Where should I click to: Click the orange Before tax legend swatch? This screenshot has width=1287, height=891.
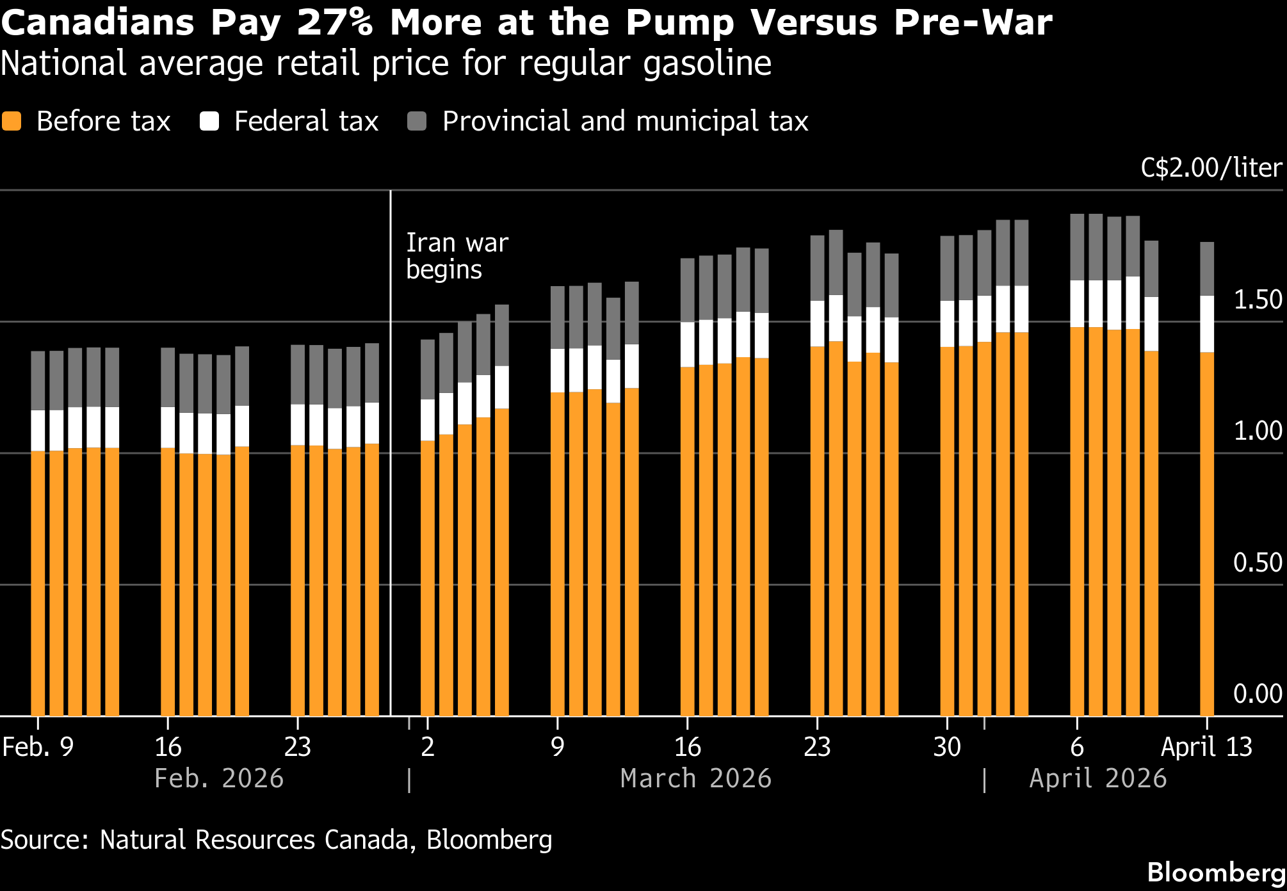tap(12, 121)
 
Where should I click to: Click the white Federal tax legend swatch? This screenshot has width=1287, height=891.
tap(209, 121)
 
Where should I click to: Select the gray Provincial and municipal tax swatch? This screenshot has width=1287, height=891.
tap(417, 121)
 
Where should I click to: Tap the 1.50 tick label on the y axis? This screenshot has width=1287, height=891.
tap(1258, 300)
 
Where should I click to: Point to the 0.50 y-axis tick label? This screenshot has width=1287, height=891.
tap(1258, 563)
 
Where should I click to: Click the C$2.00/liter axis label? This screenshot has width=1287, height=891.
tap(1211, 168)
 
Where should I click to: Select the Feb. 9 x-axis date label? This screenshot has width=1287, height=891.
tap(38, 747)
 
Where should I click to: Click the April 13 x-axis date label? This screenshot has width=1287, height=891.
tap(1206, 747)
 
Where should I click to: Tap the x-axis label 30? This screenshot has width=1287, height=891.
tap(947, 747)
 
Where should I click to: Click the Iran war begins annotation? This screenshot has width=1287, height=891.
tap(457, 256)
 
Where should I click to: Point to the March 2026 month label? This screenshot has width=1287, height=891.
tap(696, 778)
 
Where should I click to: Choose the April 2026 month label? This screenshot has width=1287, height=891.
tap(1097, 778)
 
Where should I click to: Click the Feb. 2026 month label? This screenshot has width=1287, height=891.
tap(219, 778)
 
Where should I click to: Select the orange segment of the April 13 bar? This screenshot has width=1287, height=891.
tap(1207, 531)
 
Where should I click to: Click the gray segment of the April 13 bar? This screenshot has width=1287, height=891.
tap(1207, 269)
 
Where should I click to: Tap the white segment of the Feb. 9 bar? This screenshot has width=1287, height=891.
tap(38, 430)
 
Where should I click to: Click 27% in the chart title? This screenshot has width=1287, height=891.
tap(335, 22)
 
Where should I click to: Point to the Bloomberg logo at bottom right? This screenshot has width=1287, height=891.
tap(1216, 872)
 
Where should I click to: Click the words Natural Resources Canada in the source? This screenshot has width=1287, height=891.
tap(254, 840)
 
